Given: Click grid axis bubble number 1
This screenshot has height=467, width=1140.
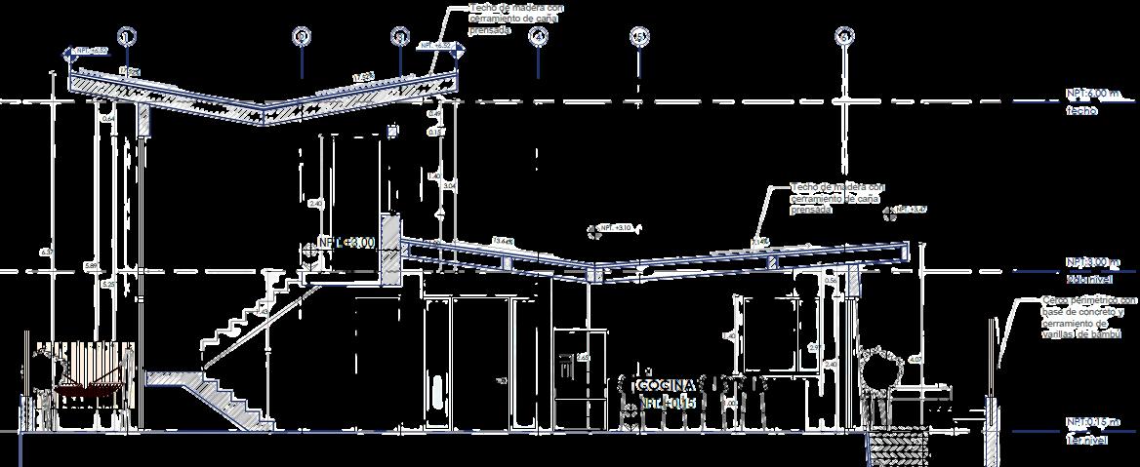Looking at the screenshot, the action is coord(126,37).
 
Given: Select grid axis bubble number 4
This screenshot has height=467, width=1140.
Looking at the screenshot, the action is coord(538,37).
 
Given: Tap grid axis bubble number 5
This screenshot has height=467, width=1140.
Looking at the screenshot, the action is coord(639,37).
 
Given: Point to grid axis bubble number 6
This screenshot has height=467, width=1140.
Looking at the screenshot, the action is coord(844,37).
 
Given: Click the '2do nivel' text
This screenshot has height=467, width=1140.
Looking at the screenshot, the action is coord(1085,279).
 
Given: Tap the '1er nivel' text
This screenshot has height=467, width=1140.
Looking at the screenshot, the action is coord(1085,440).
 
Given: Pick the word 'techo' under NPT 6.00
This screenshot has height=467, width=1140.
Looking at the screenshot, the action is coord(1080,111).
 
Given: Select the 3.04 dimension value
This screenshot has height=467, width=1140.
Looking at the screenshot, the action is coord(449,184).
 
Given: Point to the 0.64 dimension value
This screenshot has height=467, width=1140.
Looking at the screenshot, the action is coord(107,119).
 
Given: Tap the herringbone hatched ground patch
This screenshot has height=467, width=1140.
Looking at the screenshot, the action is coord(898,449).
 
